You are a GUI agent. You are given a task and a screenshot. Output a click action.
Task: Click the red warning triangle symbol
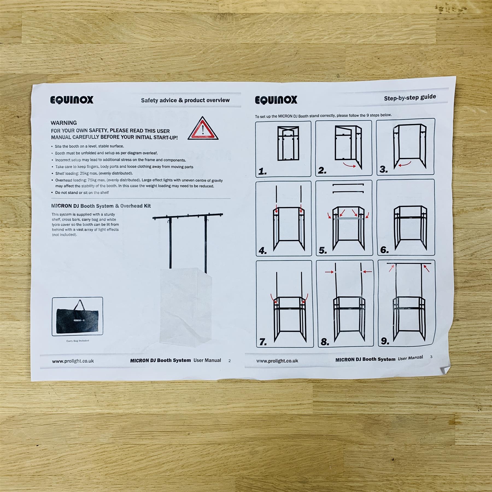203,129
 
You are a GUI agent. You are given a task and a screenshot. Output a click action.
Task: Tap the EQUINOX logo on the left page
72,100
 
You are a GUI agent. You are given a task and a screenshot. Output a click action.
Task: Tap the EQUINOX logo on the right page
276,100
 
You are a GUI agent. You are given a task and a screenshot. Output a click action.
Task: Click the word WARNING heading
64,123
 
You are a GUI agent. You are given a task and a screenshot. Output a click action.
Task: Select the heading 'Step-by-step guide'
410,98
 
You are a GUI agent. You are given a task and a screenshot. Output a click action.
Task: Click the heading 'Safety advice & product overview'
185,100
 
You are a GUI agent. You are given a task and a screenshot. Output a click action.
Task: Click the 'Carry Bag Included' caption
78,341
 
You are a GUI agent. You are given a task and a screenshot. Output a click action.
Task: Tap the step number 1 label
262,172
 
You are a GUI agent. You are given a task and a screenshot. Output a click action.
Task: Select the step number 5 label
323,250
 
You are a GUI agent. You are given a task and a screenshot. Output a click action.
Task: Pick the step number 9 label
385,341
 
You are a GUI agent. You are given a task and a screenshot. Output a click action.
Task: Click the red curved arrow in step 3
405,164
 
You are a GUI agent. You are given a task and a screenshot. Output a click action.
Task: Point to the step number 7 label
263,342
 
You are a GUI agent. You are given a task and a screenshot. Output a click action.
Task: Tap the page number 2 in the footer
230,361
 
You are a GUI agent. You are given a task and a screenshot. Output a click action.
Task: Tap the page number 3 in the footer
431,357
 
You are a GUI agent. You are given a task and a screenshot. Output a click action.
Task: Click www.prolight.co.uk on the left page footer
73,361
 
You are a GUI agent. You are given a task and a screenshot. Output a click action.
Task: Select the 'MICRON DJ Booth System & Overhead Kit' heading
101,206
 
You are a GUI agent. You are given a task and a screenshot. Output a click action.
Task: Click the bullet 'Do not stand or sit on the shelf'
82,192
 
